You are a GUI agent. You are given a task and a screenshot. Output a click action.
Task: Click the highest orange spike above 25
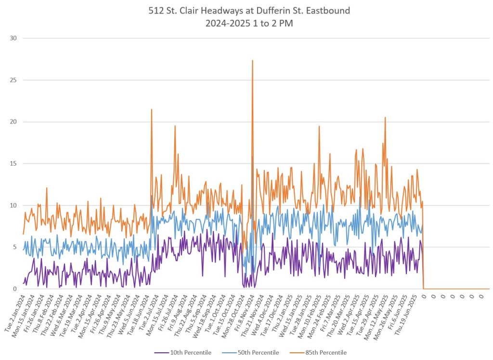(252, 61)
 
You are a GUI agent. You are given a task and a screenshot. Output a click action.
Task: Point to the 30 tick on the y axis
(14, 38)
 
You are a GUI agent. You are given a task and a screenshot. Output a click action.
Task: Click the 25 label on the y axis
(14, 80)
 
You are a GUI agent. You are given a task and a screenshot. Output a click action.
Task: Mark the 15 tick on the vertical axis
(14, 164)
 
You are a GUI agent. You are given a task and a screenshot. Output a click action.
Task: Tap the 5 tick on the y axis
(15, 247)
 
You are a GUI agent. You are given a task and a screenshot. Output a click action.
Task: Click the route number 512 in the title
(156, 11)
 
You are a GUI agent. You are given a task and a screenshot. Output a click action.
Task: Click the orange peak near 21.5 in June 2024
(152, 109)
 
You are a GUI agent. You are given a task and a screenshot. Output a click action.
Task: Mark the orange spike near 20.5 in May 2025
(385, 118)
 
